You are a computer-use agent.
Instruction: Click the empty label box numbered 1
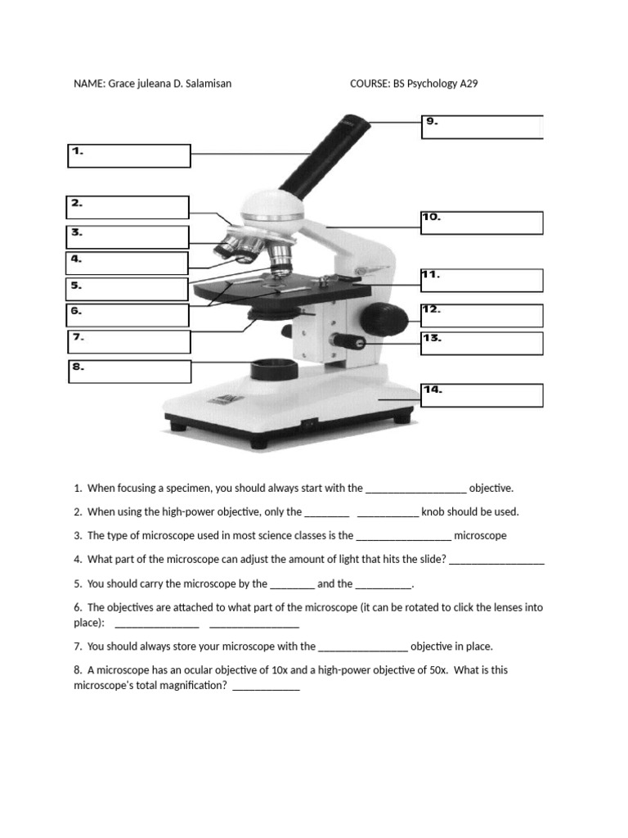[129, 156]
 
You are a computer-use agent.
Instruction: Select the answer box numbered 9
[482, 127]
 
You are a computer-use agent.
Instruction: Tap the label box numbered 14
[482, 395]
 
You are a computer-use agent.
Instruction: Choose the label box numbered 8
[129, 372]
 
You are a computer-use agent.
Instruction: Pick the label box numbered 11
[482, 280]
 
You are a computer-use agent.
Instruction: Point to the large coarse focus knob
[384, 318]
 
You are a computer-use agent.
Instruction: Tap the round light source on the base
[272, 369]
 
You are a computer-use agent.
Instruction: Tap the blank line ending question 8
[266, 687]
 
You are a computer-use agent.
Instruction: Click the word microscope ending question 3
[480, 536]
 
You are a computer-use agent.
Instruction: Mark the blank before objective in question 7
[362, 647]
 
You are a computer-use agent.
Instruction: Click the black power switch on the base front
[309, 423]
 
